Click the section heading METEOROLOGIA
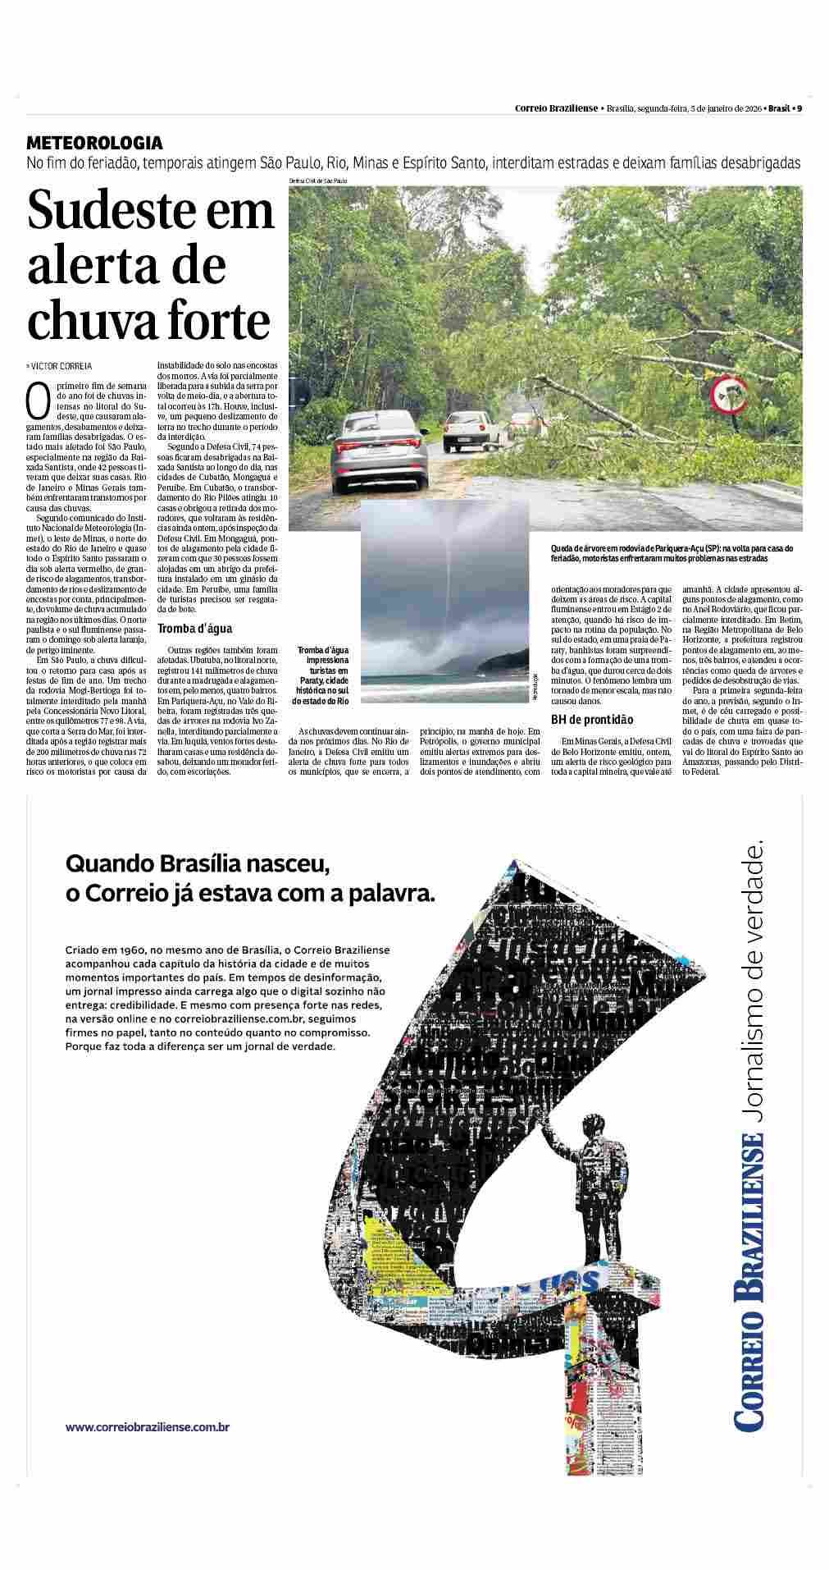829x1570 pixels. click(x=94, y=143)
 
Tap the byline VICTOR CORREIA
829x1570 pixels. click(x=61, y=366)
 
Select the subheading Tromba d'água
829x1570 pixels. click(x=194, y=629)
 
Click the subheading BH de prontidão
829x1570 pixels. click(x=592, y=720)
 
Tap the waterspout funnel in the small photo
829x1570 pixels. click(x=449, y=574)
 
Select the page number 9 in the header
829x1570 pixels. click(x=799, y=108)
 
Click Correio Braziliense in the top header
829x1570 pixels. click(x=555, y=108)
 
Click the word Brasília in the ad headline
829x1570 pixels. click(x=222, y=863)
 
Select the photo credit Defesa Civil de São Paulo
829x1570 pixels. click(x=319, y=181)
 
